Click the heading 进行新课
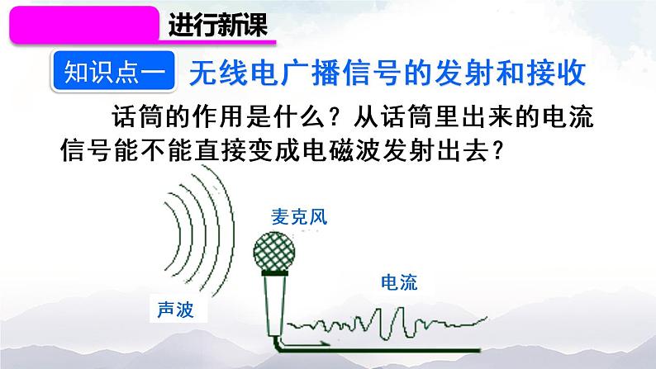coord(217,25)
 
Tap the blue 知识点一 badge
coord(114,71)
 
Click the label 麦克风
coord(299,217)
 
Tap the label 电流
coord(399,282)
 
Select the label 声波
coord(176,310)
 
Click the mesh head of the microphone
coord(274,252)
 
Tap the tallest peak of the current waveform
coord(402,309)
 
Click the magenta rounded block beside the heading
coord(84,25)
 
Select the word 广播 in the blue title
coord(311,73)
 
